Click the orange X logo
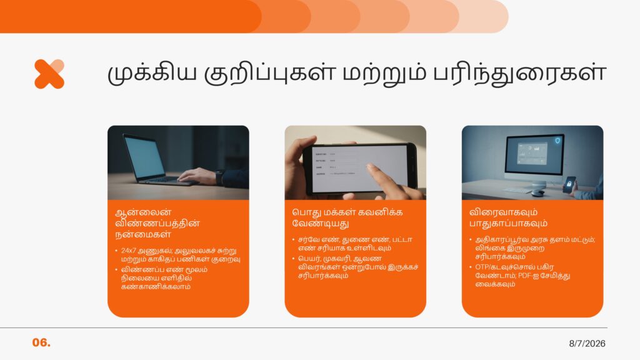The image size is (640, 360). click(x=49, y=74)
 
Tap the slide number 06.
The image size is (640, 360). click(x=41, y=342)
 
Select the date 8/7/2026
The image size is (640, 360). click(x=587, y=344)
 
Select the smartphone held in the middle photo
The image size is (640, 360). click(x=360, y=167)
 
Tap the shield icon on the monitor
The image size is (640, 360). click(x=557, y=141)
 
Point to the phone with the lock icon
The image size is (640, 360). click(x=569, y=184)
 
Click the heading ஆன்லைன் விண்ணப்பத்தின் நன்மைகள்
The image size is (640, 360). click(x=157, y=223)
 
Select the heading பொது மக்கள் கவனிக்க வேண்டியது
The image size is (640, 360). click(x=347, y=217)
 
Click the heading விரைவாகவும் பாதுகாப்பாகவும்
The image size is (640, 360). click(x=508, y=217)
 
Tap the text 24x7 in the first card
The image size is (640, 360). click(x=128, y=251)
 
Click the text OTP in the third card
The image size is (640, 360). click(x=481, y=267)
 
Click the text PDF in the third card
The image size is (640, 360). click(x=524, y=276)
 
